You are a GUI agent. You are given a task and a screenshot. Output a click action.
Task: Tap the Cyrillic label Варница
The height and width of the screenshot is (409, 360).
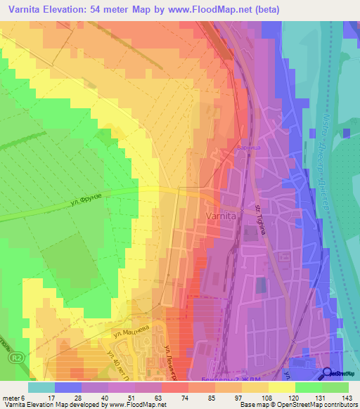(247, 148)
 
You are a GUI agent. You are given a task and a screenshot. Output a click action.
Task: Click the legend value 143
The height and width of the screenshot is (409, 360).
(348, 397)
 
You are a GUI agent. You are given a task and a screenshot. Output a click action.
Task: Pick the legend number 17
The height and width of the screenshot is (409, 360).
(51, 397)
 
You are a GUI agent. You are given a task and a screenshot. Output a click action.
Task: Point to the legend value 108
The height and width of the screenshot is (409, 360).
(267, 397)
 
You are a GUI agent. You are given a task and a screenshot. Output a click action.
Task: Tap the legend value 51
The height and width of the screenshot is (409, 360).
(131, 397)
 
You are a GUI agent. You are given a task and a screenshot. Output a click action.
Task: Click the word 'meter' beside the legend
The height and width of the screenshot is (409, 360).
(11, 397)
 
